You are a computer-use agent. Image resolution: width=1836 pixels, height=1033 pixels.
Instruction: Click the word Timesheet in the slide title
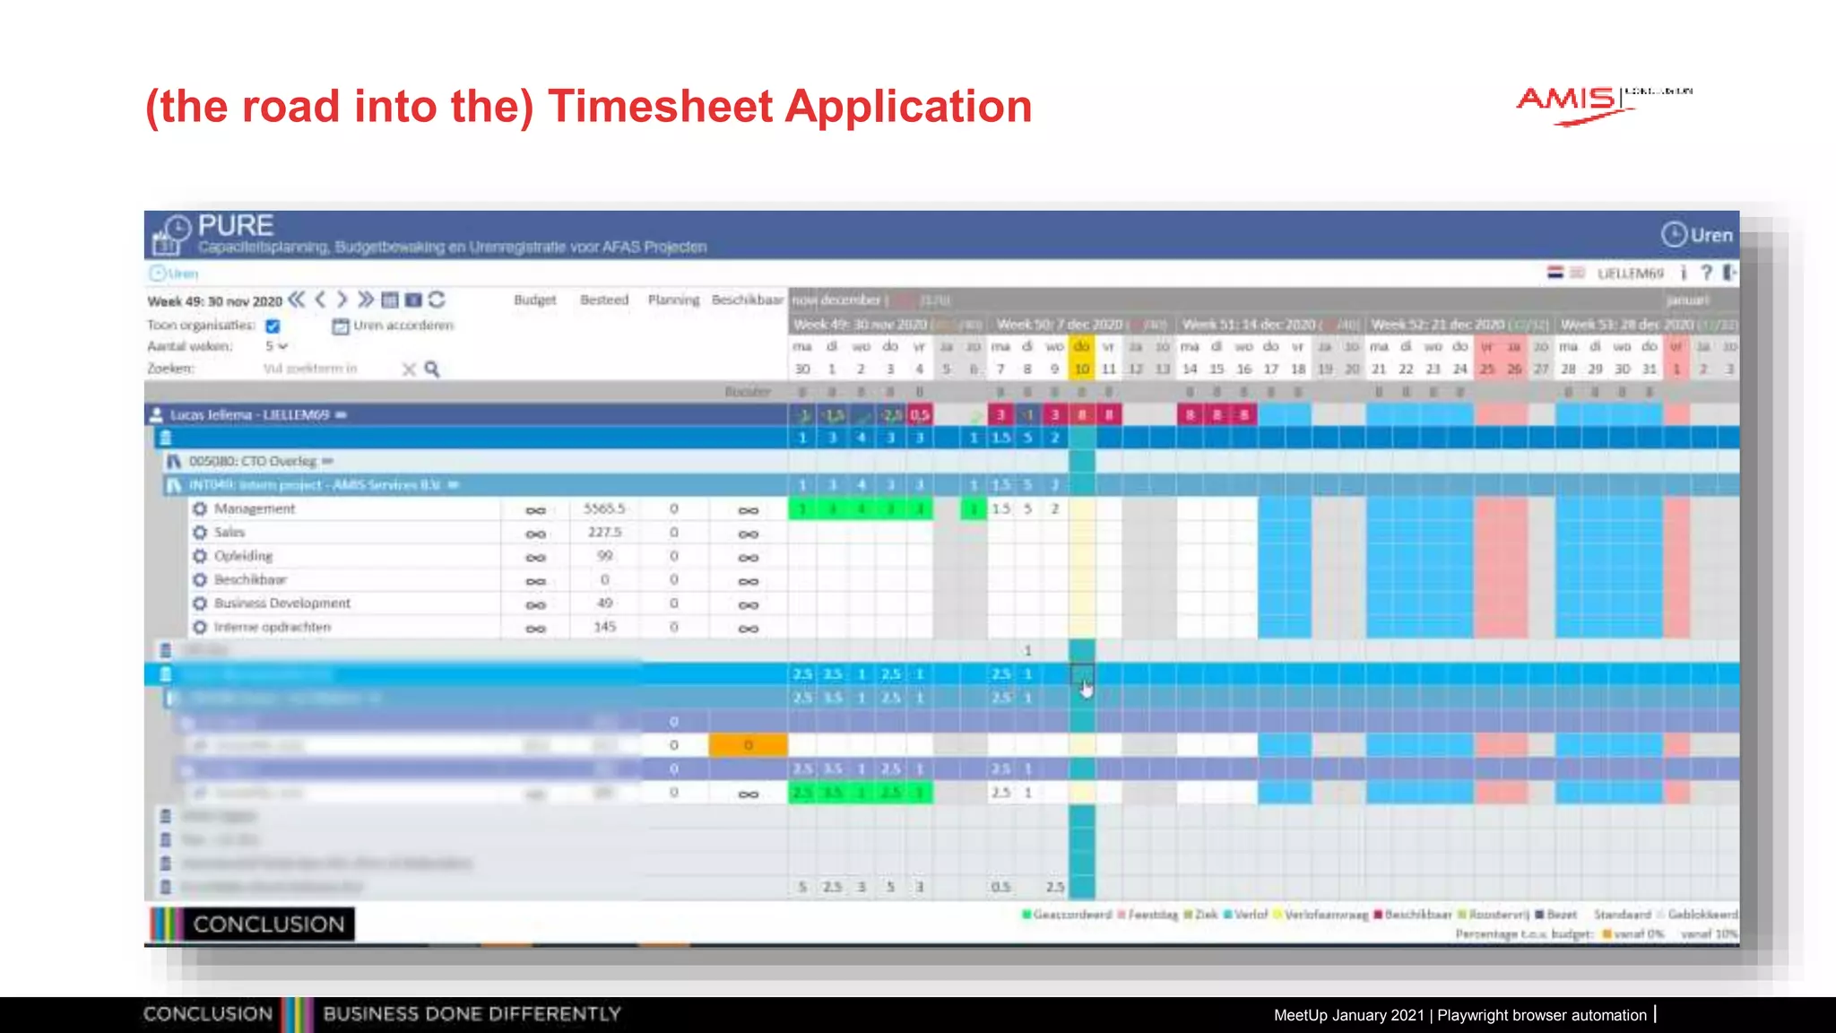point(661,107)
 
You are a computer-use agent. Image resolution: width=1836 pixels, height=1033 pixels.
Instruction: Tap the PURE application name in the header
point(236,225)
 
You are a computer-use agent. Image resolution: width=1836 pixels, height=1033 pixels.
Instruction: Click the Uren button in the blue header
point(1698,235)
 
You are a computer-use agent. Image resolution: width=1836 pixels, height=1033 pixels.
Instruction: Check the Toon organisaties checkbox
point(273,326)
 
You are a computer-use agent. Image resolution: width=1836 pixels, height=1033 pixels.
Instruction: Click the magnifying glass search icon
point(432,369)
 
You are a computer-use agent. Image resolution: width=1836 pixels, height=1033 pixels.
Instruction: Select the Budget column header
point(535,299)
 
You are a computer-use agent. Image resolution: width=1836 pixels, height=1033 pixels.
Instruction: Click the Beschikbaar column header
point(747,299)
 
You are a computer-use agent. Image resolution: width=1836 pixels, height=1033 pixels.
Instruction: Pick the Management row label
point(255,508)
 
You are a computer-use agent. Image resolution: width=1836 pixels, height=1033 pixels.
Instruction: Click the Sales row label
point(229,533)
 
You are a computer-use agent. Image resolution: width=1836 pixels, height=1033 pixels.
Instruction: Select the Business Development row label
point(282,603)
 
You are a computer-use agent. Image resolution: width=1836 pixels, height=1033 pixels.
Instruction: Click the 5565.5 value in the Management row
point(604,508)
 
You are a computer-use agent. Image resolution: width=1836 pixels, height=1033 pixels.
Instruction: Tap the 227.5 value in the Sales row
point(605,533)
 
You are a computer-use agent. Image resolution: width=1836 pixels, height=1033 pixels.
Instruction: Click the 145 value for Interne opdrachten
point(605,627)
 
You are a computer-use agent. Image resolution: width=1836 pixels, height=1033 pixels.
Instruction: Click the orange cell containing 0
point(749,745)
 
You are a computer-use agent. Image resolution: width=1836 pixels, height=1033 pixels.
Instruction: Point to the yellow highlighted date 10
point(1082,369)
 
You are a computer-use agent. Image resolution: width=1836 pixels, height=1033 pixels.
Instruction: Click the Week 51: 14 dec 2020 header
point(1249,325)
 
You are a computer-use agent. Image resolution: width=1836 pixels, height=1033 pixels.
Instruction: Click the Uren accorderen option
point(403,326)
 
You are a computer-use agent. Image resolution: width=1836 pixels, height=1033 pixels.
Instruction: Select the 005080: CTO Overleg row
point(253,461)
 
